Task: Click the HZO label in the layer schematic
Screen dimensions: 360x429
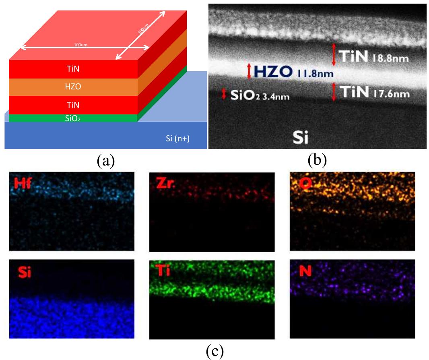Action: (73, 87)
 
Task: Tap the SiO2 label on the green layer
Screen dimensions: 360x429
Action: (73, 118)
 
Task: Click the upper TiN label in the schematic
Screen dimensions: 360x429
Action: (73, 69)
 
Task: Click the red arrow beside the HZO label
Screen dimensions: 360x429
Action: (249, 71)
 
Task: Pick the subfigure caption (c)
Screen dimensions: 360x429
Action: (214, 351)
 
